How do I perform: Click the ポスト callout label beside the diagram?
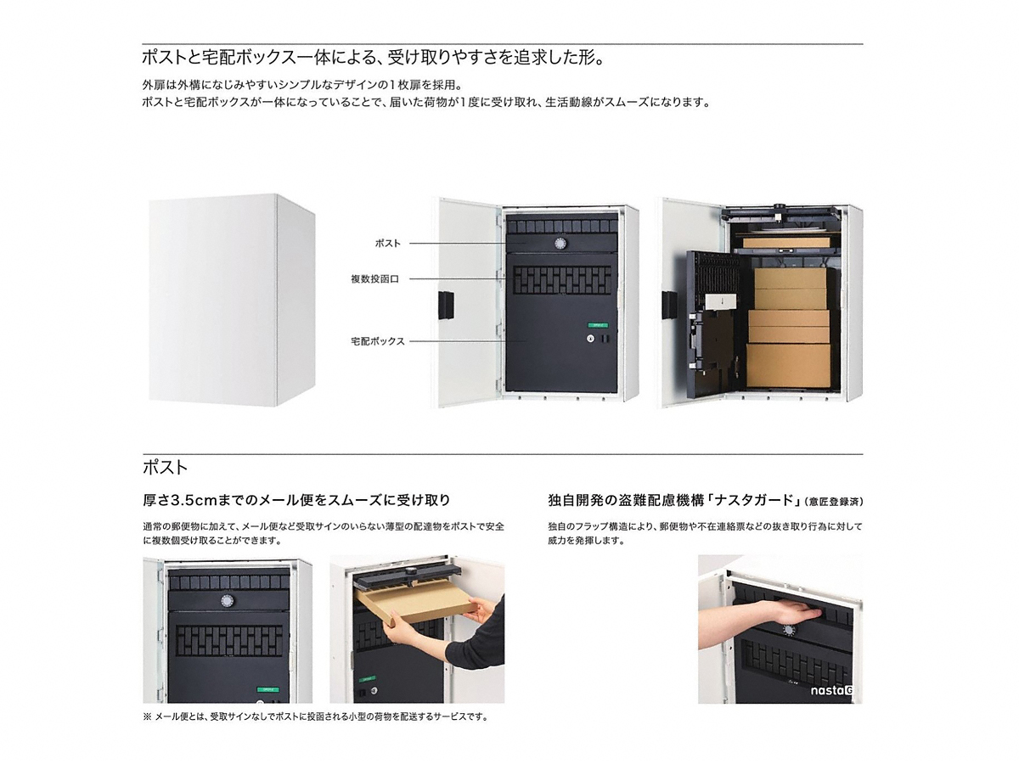click(x=387, y=243)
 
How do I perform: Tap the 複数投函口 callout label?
click(x=374, y=278)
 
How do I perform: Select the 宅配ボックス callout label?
click(x=377, y=341)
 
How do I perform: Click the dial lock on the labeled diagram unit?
click(x=560, y=244)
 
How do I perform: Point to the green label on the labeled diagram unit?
click(x=599, y=326)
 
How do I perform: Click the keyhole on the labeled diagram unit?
click(x=590, y=339)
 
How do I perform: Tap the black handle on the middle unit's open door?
click(x=446, y=304)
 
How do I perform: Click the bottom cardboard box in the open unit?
click(x=788, y=366)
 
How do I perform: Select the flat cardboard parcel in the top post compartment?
click(x=786, y=243)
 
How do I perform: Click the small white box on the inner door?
click(x=720, y=301)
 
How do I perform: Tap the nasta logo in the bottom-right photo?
click(x=831, y=690)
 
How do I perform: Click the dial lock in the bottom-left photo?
click(x=227, y=601)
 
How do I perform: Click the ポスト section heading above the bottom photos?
click(x=166, y=468)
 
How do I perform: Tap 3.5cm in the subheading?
click(x=192, y=500)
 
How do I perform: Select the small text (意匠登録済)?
click(x=833, y=502)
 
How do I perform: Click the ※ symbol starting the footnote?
click(x=147, y=716)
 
